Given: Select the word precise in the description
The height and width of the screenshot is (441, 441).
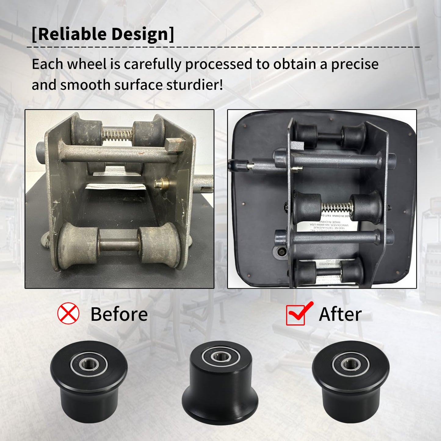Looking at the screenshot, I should pyautogui.click(x=355, y=64).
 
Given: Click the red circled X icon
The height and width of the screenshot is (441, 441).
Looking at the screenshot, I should pyautogui.click(x=68, y=313).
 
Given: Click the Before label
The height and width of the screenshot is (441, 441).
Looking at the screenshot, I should pyautogui.click(x=119, y=314).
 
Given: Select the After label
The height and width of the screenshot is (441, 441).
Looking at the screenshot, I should pyautogui.click(x=340, y=314).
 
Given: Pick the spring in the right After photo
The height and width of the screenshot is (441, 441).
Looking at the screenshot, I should pyautogui.click(x=336, y=207).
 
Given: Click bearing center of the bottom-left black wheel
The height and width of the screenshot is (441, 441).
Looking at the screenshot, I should pyautogui.click(x=89, y=364).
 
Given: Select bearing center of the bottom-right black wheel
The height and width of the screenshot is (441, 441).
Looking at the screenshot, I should pyautogui.click(x=351, y=364).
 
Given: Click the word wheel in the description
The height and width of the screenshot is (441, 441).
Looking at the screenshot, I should pyautogui.click(x=87, y=64).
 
